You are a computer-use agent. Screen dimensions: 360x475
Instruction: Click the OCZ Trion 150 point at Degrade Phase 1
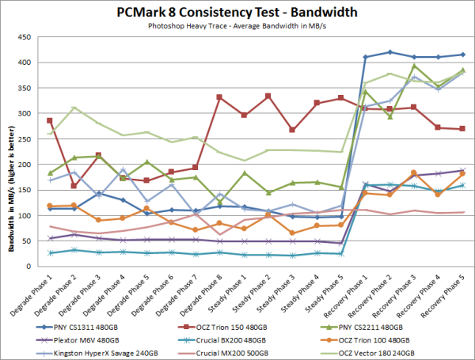tap(51, 120)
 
